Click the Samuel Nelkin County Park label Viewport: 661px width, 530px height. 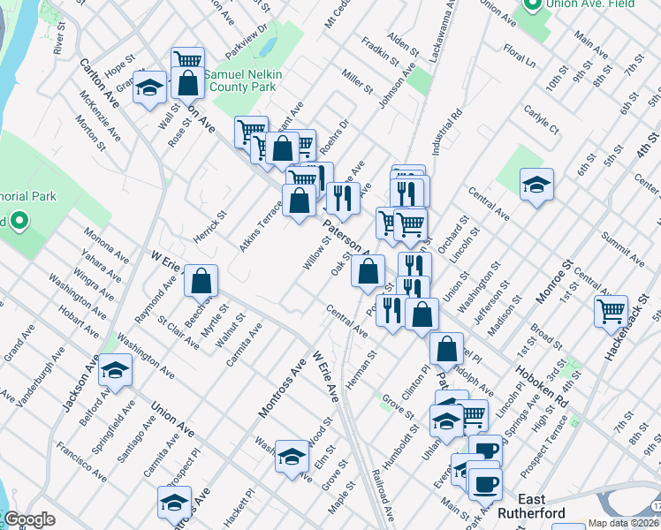[242, 81]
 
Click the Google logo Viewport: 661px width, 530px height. [29, 519]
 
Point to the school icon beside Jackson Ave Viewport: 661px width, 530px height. [115, 372]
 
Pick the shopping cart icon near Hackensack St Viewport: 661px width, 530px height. [611, 311]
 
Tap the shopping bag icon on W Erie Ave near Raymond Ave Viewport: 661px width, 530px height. [202, 281]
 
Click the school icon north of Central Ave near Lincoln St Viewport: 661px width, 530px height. [536, 185]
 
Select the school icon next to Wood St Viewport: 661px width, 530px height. [292, 456]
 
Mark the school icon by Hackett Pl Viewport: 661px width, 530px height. [174, 503]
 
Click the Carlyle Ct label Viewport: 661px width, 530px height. [541, 123]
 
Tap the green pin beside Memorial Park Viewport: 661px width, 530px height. [19, 221]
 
